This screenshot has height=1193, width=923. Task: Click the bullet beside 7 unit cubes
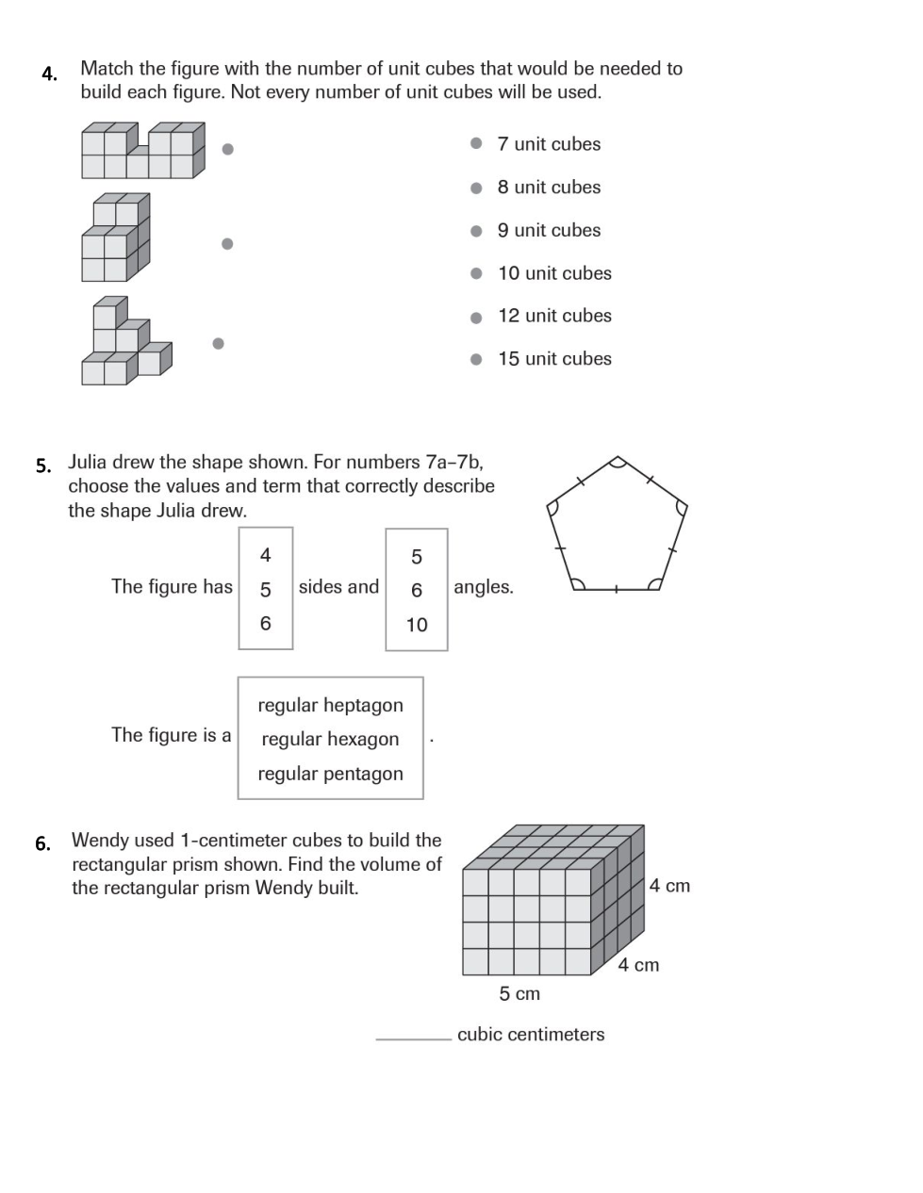tap(476, 143)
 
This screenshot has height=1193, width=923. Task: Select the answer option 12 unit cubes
tap(554, 316)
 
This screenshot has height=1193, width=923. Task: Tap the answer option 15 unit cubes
tap(554, 359)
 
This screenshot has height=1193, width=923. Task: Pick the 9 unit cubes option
tap(549, 230)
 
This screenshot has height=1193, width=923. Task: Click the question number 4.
tap(49, 74)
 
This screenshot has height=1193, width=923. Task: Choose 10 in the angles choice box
tap(417, 625)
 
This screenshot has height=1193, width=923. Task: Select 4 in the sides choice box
tap(265, 555)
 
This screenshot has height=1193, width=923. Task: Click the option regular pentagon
tap(330, 774)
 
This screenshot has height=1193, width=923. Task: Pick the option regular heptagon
tap(330, 705)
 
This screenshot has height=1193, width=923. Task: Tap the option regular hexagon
tap(330, 739)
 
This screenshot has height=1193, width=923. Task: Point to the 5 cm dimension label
tap(519, 993)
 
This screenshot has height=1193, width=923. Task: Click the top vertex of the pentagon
tap(617, 459)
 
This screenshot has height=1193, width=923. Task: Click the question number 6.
tap(42, 843)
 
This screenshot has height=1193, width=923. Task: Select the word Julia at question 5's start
tap(91, 462)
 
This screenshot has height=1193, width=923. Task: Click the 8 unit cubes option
tap(549, 187)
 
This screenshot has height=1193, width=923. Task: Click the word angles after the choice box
tap(484, 587)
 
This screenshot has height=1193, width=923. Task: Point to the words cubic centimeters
tap(531, 1034)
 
